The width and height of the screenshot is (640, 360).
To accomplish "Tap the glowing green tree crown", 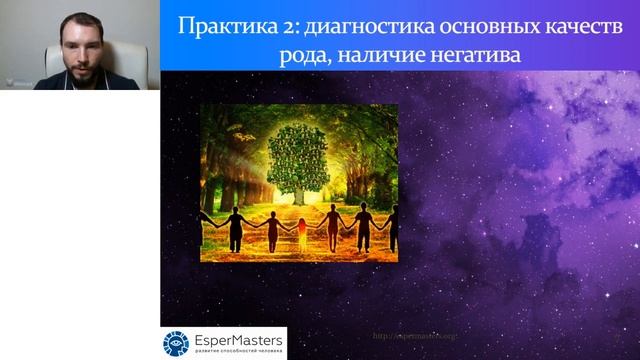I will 299,156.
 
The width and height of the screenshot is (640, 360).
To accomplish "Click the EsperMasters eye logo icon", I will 176,342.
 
